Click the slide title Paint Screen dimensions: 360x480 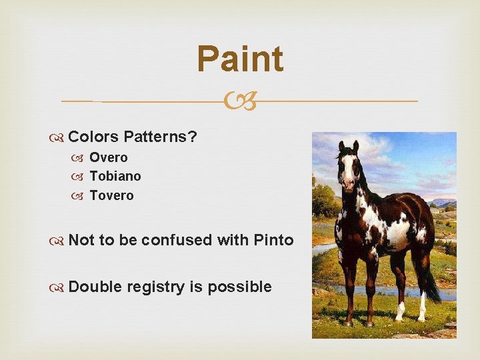click(x=240, y=59)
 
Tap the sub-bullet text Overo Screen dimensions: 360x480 click(x=109, y=158)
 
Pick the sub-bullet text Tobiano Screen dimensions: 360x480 click(x=115, y=177)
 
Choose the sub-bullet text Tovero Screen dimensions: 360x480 click(x=111, y=195)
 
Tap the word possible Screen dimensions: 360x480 click(x=239, y=287)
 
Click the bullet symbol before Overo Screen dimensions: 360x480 click(x=81, y=158)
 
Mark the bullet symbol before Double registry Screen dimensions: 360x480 click(x=59, y=287)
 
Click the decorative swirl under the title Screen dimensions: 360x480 click(x=240, y=101)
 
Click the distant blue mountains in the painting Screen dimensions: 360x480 click(x=443, y=201)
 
